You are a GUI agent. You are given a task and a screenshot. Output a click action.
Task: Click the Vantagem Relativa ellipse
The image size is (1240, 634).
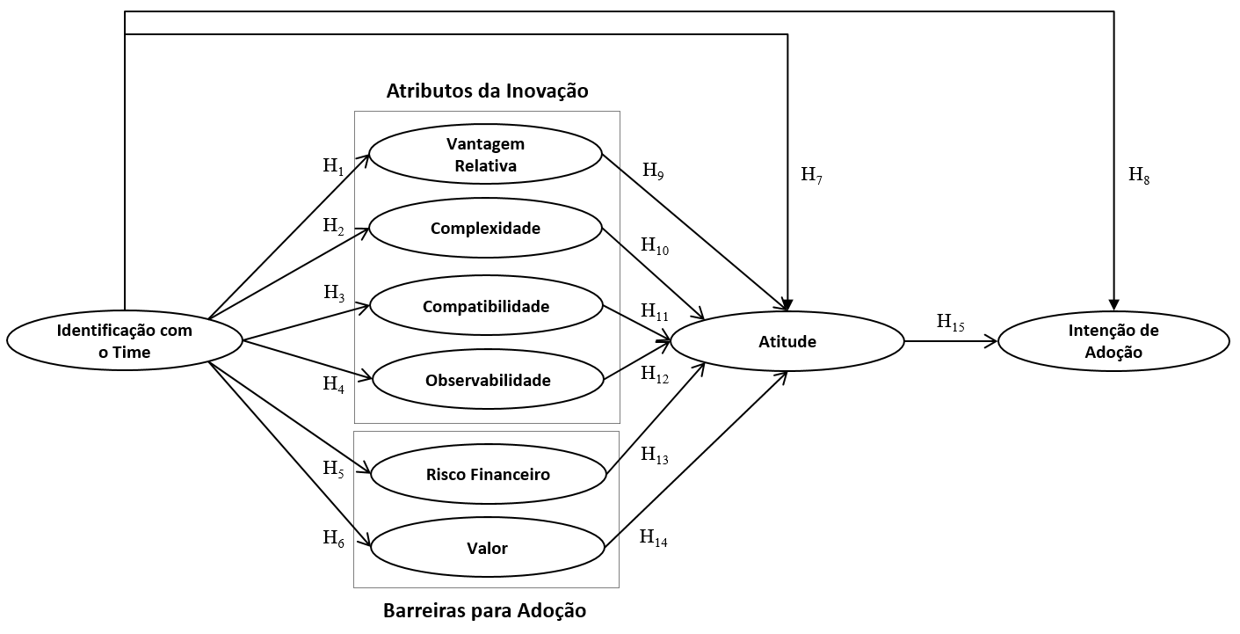pos(485,154)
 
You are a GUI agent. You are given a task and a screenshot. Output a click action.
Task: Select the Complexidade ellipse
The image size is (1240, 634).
pos(485,229)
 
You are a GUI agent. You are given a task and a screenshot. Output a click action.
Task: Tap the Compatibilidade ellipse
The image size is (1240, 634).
pos(485,306)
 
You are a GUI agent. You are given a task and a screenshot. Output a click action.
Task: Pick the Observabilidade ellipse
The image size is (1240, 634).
pos(488,380)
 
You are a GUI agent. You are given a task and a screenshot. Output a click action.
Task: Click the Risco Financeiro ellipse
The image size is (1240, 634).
pos(488,475)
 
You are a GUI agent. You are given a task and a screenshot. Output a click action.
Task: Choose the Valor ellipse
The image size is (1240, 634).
pos(488,549)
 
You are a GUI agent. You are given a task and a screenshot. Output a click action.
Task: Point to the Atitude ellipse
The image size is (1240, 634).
pos(787,341)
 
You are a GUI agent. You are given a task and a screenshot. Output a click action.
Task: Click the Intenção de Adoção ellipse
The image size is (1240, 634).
pos(1113,341)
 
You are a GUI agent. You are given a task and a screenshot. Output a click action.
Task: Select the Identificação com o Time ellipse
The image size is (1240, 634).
pos(124,341)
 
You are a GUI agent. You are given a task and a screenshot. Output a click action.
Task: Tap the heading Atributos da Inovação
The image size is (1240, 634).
pos(487,91)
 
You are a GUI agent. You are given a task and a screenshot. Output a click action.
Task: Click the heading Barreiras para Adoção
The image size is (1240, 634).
pos(484,610)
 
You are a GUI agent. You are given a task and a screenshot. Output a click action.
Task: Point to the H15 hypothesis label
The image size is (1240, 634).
pos(950,322)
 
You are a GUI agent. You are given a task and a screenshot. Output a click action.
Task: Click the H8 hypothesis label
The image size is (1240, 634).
pos(1138,175)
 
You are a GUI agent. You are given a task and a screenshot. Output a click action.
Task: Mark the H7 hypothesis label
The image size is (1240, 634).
pos(810,174)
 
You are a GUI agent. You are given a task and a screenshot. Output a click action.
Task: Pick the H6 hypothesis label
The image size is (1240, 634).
pos(334,537)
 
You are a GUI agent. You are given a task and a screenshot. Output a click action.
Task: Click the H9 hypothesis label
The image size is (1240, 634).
pos(653,171)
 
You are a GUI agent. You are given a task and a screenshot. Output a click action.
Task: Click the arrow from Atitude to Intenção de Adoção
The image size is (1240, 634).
pos(950,341)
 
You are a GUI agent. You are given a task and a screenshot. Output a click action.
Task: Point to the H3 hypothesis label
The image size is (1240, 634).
pos(334,293)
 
